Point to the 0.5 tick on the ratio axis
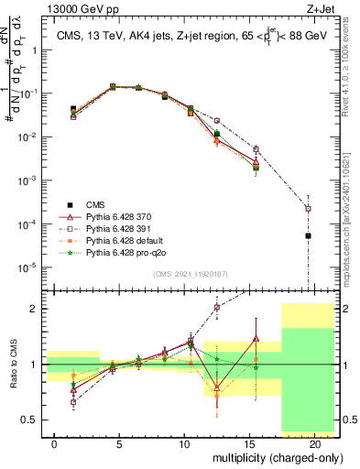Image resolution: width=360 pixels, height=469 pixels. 34,420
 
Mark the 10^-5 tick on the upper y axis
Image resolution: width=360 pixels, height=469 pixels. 31,267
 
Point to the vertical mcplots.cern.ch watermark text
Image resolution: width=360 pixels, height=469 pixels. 351,247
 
